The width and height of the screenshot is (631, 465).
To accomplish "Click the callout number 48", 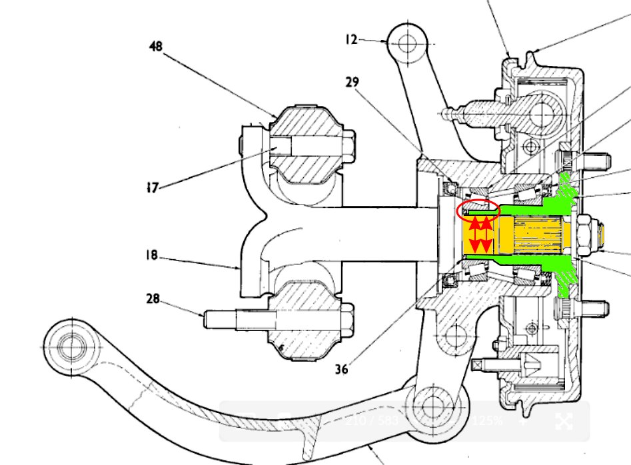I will (156, 47).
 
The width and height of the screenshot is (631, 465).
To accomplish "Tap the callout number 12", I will (352, 39).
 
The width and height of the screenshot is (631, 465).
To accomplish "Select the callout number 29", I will (352, 82).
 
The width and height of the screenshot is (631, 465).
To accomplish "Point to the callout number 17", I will (153, 188).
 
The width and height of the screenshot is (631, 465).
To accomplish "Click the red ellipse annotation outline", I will (478, 210).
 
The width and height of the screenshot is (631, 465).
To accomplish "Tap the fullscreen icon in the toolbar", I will (564, 421).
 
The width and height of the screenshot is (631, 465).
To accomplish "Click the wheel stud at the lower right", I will (596, 308).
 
